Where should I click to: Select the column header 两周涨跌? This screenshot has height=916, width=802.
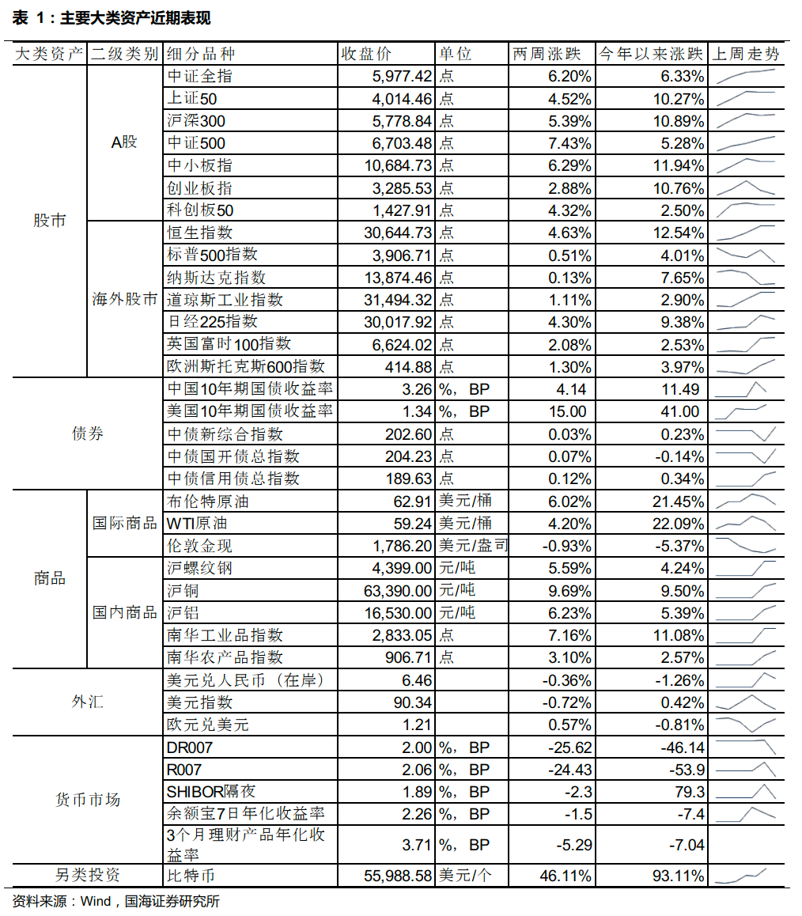click(547, 55)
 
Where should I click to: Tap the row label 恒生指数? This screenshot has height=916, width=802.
click(200, 233)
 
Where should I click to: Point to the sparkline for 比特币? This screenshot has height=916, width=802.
click(746, 875)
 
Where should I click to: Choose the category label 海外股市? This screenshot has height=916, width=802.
click(125, 300)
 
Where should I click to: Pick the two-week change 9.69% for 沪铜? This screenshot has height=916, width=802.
click(568, 591)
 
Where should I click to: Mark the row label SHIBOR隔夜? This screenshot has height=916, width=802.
click(211, 792)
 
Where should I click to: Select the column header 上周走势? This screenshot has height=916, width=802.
click(745, 55)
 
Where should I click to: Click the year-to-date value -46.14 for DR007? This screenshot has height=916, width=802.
click(682, 748)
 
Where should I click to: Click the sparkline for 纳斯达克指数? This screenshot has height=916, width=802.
click(746, 278)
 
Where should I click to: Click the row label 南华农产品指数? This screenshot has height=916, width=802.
click(225, 657)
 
